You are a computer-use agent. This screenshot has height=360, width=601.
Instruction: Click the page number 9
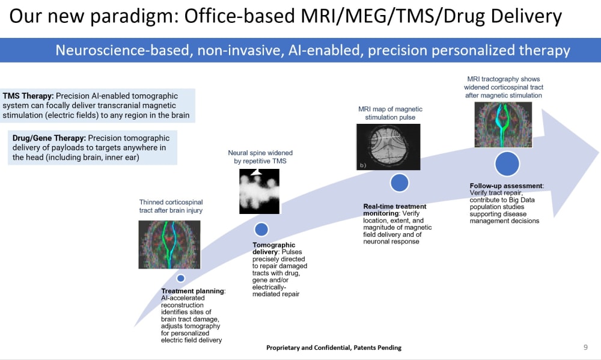tap(585, 347)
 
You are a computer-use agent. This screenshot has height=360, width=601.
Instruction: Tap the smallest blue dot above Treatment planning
tap(180, 278)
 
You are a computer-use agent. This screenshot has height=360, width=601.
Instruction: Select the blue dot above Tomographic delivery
tap(261, 229)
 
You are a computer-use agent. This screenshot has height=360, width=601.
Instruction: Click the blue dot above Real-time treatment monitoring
tap(399, 183)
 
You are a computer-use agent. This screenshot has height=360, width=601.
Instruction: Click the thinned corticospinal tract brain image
tap(169, 244)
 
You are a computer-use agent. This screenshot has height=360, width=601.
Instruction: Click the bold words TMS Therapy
tap(28, 96)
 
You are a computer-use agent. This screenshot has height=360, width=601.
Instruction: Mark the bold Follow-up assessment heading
tap(506, 186)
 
